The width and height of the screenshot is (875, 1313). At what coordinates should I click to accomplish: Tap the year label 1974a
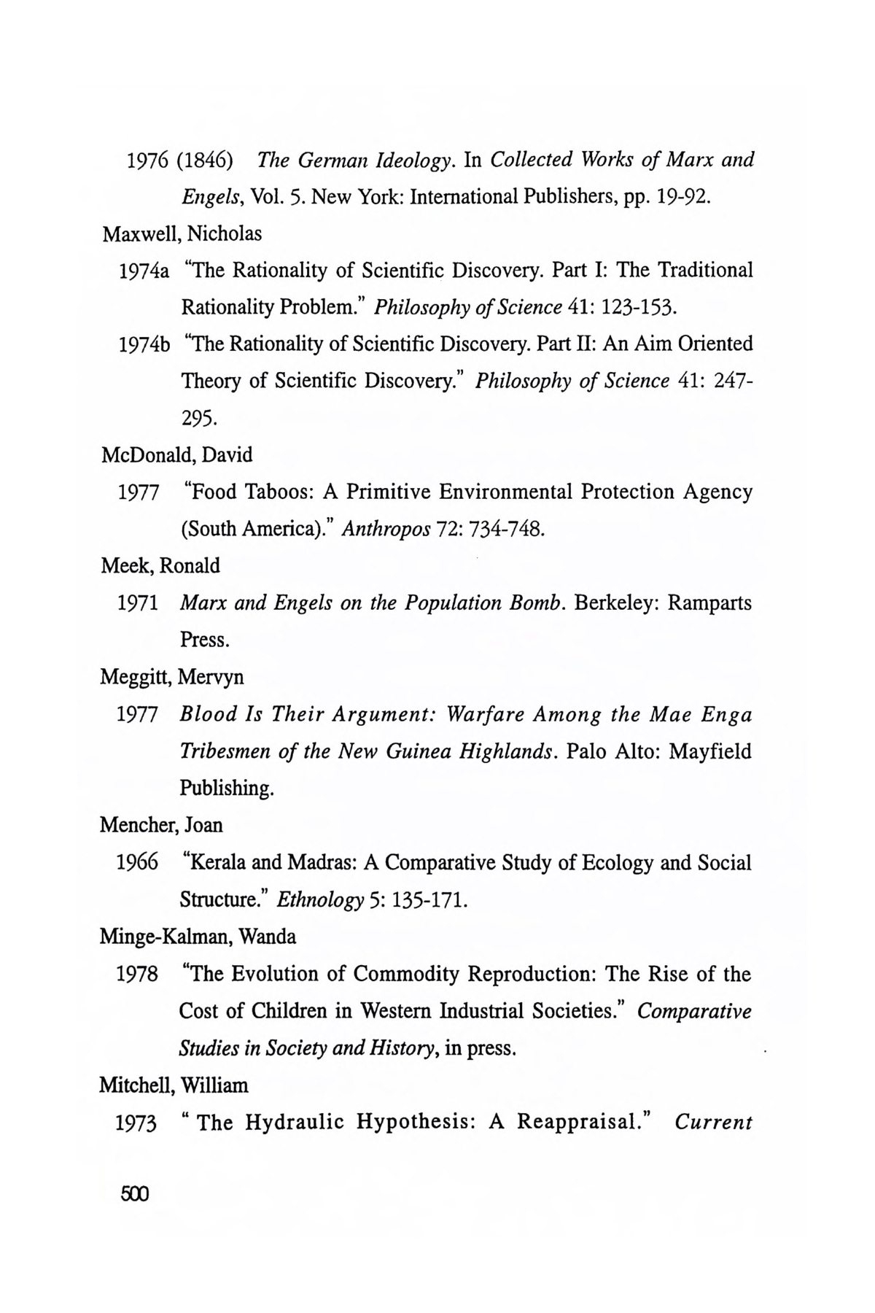point(144,271)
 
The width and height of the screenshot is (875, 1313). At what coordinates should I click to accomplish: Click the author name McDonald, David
point(176,455)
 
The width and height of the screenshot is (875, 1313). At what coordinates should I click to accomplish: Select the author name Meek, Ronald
point(160,566)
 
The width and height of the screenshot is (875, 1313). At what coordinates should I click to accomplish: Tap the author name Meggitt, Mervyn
point(172,677)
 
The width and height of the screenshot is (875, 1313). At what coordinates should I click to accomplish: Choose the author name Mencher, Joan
point(161,825)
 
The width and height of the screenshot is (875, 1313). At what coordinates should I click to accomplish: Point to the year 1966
point(137,863)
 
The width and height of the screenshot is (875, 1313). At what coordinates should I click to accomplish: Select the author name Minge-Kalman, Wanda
point(198,937)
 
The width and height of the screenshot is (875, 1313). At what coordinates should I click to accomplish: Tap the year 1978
point(137,975)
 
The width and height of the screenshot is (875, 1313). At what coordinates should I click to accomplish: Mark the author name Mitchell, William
point(174,1085)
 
